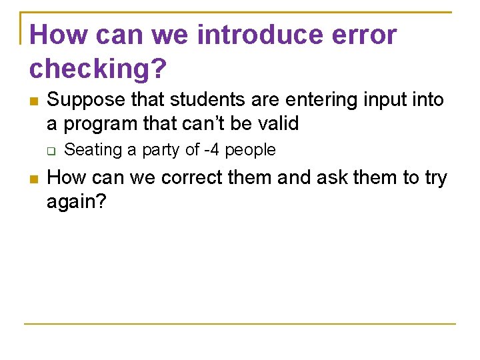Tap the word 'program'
103,124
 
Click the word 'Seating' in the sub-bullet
93,151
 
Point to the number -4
212,150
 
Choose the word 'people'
250,151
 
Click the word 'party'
161,151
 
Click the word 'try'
435,179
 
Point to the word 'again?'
77,202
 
